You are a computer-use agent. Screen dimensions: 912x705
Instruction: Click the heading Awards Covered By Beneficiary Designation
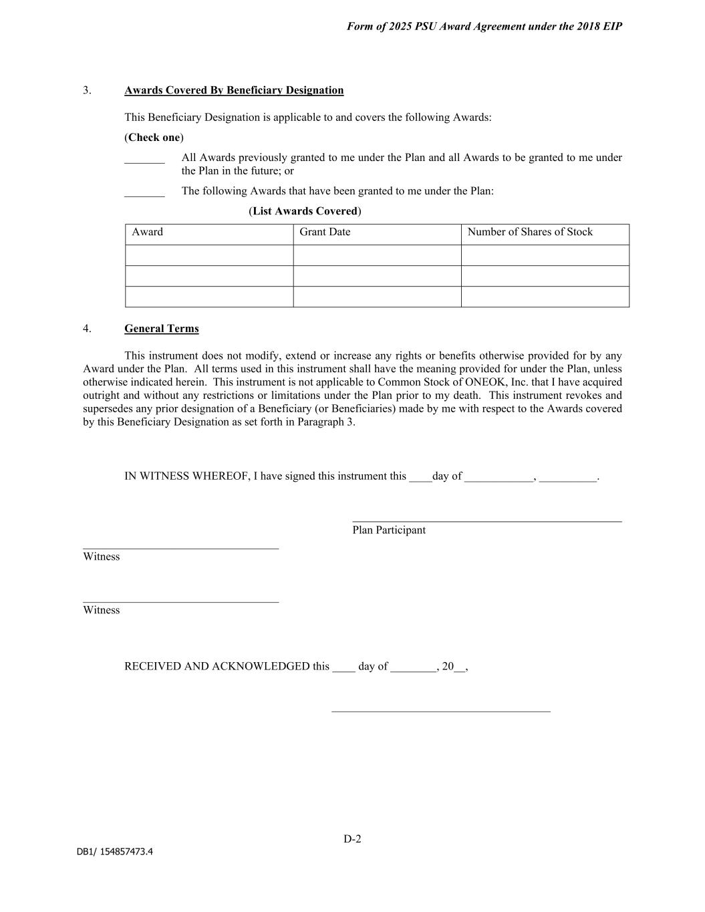click(234, 90)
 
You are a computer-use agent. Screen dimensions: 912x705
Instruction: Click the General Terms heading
click(161, 329)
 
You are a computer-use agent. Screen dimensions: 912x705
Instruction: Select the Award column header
click(147, 233)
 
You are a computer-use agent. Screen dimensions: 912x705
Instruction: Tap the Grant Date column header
click(325, 233)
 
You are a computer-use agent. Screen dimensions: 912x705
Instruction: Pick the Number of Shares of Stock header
click(529, 233)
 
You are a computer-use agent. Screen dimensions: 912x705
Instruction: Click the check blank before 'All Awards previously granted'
click(144, 160)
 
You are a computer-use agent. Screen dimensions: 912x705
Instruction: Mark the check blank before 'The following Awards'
click(144, 193)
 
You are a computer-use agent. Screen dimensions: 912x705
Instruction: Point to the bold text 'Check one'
click(154, 138)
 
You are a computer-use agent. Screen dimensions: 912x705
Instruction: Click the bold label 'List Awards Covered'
click(305, 211)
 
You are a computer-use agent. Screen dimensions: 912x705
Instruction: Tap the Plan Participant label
click(389, 530)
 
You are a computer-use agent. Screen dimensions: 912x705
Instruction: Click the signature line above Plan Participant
click(486, 520)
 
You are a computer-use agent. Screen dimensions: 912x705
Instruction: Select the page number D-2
click(352, 839)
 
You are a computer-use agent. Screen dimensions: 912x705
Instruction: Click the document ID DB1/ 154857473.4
click(114, 852)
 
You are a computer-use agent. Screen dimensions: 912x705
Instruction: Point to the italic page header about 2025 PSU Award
click(484, 27)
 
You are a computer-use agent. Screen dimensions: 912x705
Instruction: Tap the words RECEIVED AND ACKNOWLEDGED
click(217, 666)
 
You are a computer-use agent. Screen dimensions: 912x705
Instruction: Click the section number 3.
click(87, 90)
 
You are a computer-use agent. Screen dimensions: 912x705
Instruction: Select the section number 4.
click(87, 329)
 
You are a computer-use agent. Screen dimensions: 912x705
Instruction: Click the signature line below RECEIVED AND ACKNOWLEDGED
click(441, 712)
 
